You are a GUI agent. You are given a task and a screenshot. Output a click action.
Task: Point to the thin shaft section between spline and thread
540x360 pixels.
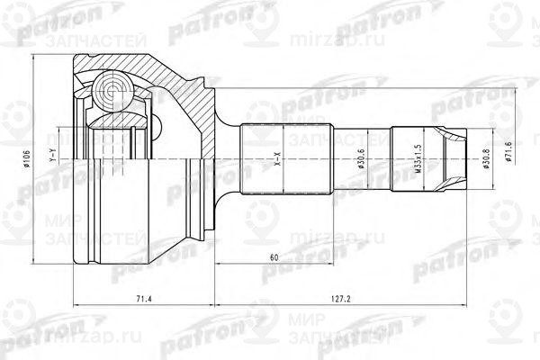pos(364,162)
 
